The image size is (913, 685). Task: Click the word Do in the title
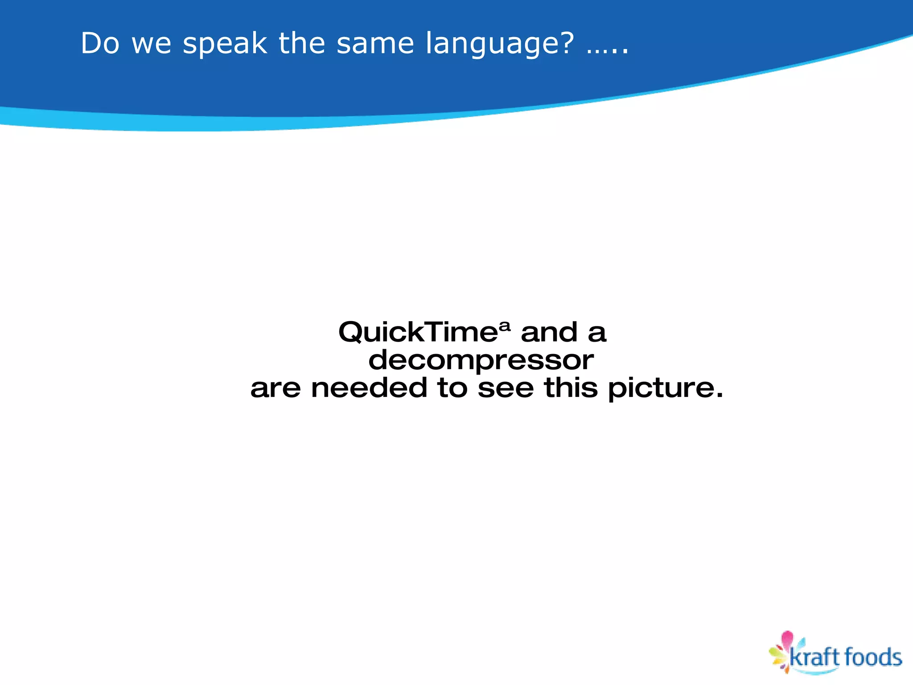coord(100,44)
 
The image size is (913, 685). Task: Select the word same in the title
coord(375,44)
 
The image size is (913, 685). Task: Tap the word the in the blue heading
coord(302,44)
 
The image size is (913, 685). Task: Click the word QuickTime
coord(417,332)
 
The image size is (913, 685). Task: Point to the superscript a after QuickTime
coord(504,326)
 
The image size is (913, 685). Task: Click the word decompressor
coord(481,360)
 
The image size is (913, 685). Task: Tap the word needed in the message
coord(369,388)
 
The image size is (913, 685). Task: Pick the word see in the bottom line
coord(506,388)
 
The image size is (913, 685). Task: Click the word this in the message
coord(571,388)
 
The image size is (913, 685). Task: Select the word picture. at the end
coord(665,388)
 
